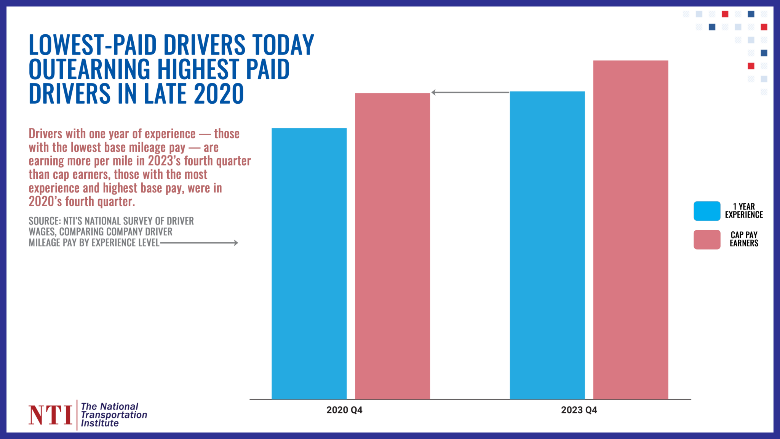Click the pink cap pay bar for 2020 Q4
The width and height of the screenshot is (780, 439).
[392, 246]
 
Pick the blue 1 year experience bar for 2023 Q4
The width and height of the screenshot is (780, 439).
[547, 245]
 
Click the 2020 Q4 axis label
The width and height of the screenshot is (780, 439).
[344, 410]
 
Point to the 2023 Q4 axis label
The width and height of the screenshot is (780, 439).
[579, 410]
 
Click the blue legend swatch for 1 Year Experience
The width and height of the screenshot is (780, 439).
[707, 211]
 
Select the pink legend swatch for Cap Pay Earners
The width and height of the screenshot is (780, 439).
[707, 240]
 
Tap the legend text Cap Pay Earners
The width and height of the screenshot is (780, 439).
[744, 239]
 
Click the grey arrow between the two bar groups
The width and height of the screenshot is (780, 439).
[470, 92]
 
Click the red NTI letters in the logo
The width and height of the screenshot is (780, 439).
[50, 415]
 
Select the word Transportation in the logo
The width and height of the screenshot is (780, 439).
[114, 415]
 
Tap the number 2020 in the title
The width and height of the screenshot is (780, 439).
[219, 94]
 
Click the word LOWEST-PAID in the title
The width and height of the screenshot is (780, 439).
[93, 45]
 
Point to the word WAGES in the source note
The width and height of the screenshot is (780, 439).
[42, 232]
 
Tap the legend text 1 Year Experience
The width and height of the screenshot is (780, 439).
[744, 211]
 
